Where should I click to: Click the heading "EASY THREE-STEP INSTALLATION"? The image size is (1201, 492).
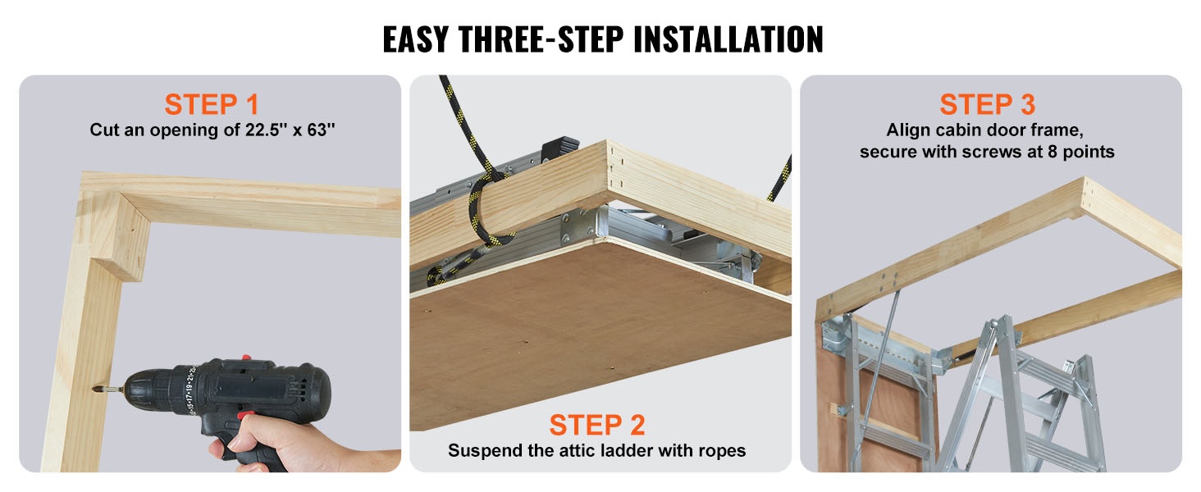603,39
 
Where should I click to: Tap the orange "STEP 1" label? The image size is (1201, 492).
212,104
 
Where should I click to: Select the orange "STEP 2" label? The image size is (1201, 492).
596,425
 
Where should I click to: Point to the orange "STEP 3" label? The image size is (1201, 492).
987,104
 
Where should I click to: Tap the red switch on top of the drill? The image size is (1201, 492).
246,358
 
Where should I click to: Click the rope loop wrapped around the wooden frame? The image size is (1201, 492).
485,209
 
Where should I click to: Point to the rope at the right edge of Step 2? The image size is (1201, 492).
781,179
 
